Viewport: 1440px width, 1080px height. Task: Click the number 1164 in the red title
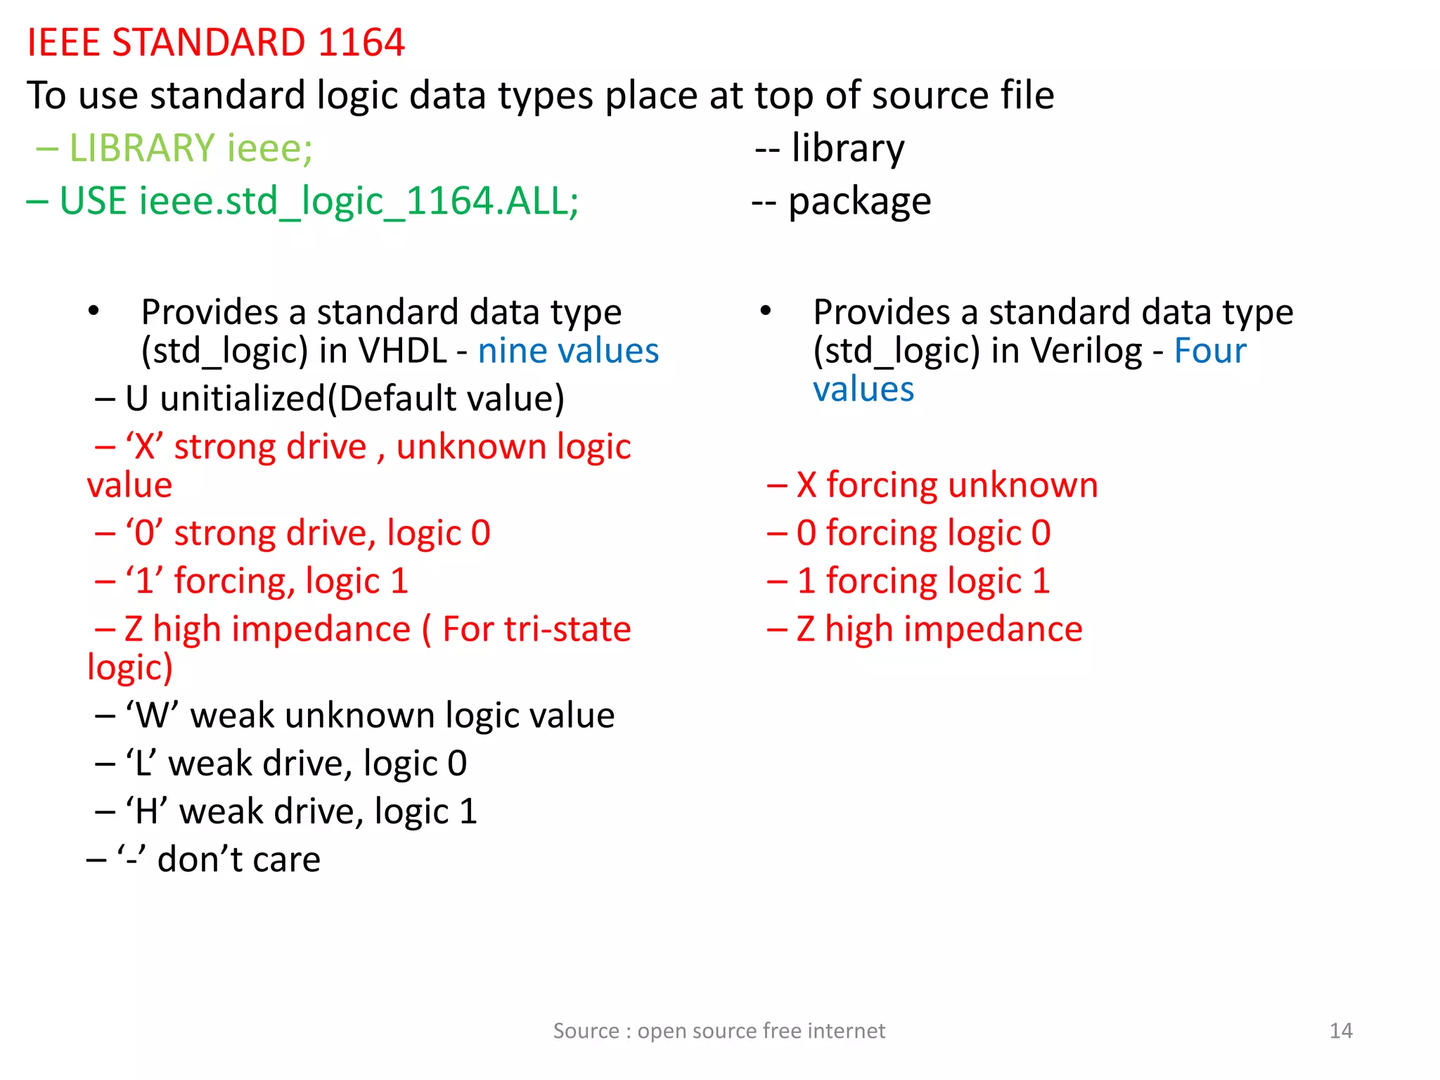point(361,42)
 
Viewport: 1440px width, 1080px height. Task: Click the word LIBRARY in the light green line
point(141,148)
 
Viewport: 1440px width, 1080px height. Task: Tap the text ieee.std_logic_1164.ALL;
point(359,201)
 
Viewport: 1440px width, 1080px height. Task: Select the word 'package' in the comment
point(859,202)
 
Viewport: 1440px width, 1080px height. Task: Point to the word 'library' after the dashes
point(847,148)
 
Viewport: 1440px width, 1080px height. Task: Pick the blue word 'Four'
point(1210,351)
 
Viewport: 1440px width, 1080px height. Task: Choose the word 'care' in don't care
point(290,859)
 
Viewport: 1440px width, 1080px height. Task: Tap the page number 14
point(1341,1031)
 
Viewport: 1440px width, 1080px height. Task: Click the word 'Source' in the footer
point(586,1031)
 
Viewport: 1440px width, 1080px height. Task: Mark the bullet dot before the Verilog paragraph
point(766,311)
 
